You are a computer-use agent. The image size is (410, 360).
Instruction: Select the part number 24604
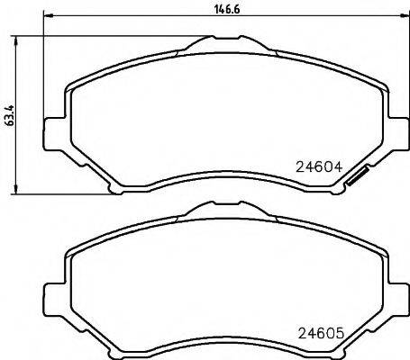click(316, 166)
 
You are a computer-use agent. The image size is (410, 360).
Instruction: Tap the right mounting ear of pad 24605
click(396, 294)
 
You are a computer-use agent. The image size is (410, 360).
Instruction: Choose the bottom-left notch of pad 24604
click(114, 187)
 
